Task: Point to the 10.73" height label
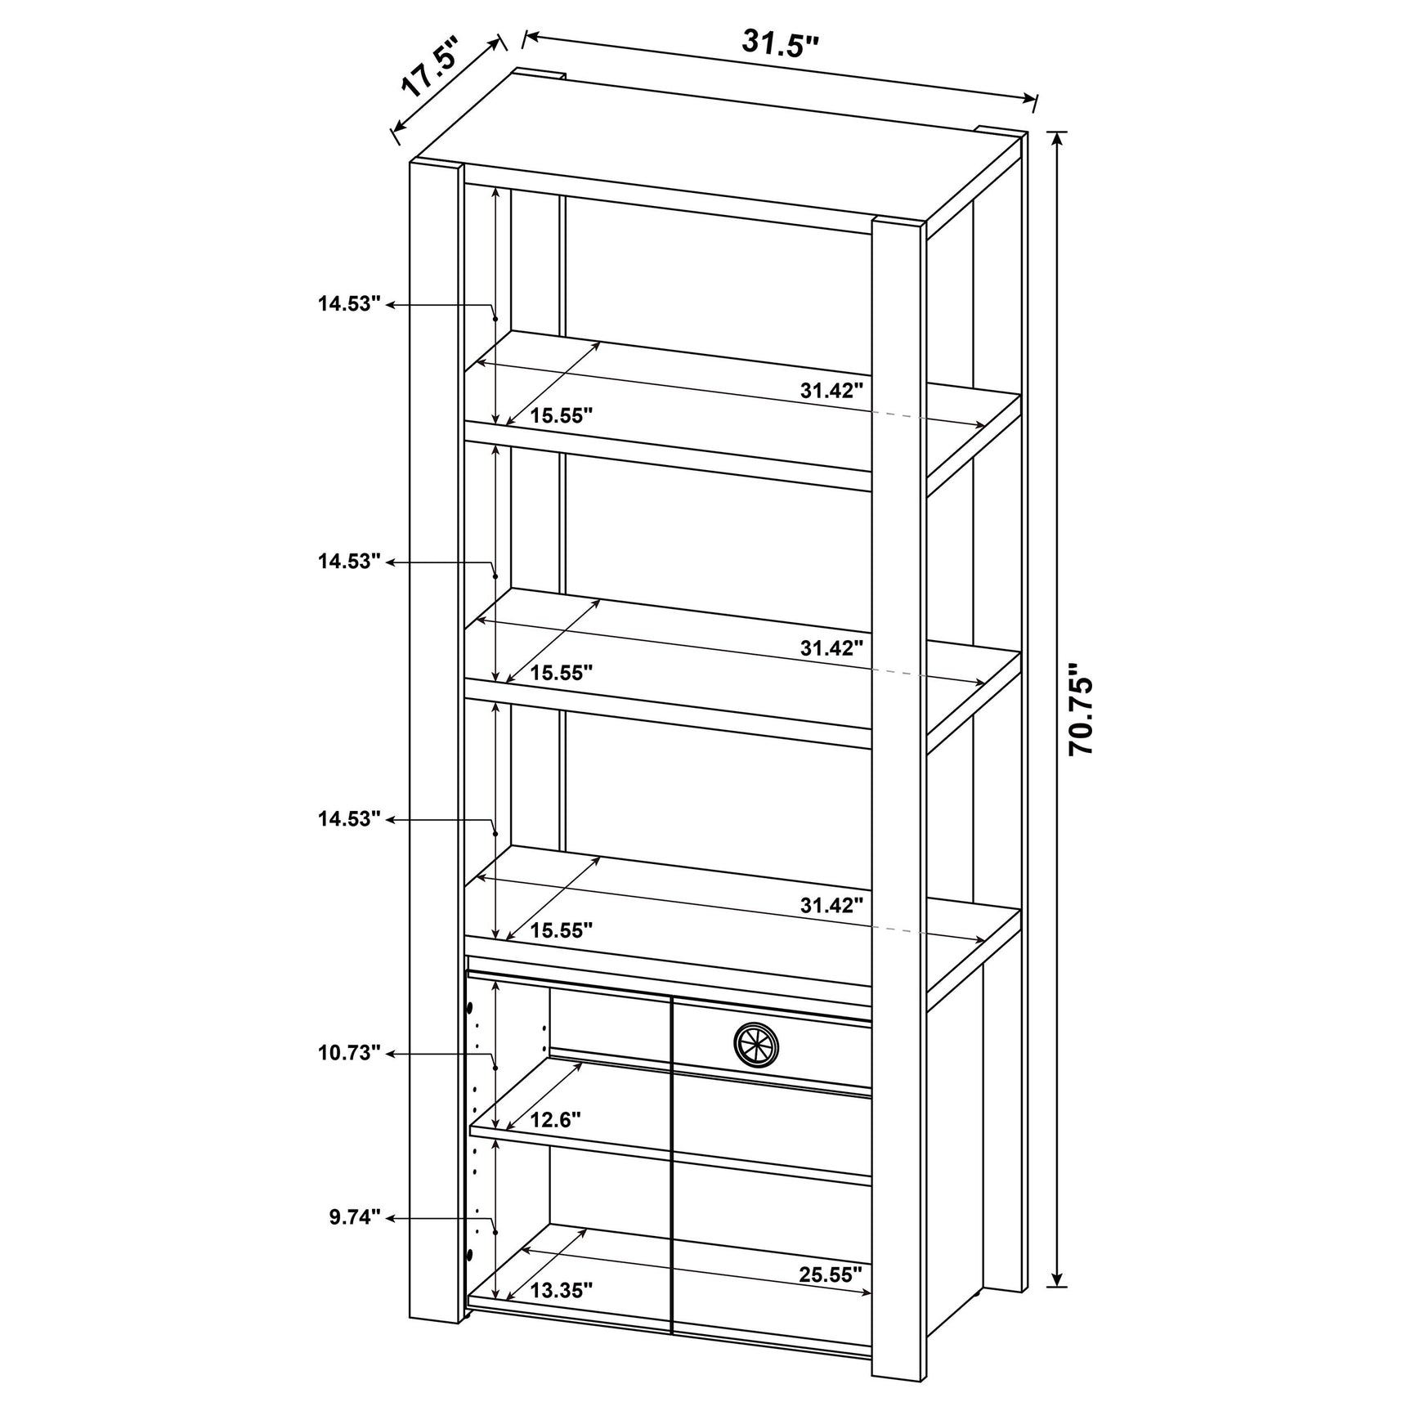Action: [350, 1052]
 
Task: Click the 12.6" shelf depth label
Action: [556, 1119]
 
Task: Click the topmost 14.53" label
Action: [350, 305]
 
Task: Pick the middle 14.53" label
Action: [350, 562]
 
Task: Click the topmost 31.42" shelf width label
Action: [831, 391]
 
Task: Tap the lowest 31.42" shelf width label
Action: [831, 905]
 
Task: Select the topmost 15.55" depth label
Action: [561, 416]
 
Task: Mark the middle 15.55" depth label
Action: [561, 673]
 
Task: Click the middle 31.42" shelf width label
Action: [831, 648]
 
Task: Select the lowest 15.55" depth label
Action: [561, 930]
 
